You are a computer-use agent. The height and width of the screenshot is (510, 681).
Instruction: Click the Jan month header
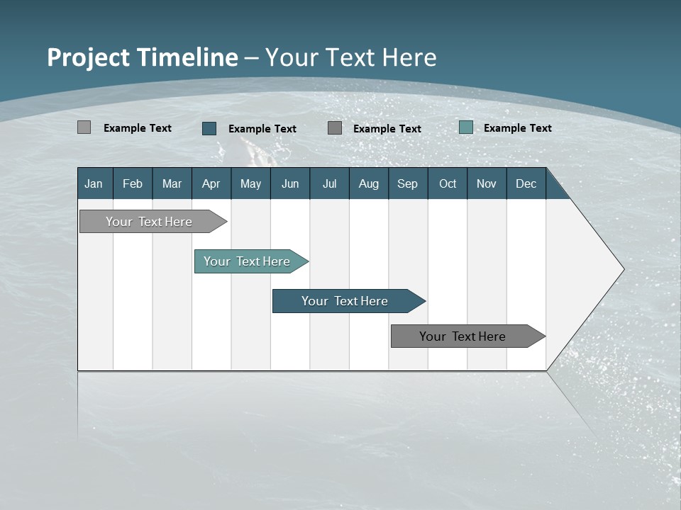coord(94,183)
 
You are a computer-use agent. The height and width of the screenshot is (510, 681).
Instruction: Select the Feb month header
coord(133,183)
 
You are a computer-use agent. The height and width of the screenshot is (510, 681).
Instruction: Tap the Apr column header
coord(211,183)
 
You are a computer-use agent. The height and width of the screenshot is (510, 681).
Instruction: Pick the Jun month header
coord(290,183)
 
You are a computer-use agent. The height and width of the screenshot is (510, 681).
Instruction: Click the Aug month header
coord(369,183)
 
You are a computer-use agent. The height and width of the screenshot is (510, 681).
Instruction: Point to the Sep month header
coord(408,183)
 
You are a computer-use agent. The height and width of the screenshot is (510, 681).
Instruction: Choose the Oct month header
coord(448,183)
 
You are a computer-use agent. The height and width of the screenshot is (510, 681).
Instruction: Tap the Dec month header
coord(526,183)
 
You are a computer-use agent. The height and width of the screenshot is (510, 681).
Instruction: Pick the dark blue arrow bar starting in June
coord(345,301)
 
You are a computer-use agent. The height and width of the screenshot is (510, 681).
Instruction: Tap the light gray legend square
coord(84,127)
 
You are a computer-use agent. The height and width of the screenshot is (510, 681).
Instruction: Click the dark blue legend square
coord(209,128)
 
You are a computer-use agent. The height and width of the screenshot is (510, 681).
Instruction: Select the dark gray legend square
coord(335,127)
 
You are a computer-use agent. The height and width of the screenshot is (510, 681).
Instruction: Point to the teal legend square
coord(466,127)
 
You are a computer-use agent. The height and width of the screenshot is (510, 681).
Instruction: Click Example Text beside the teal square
coord(518,127)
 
